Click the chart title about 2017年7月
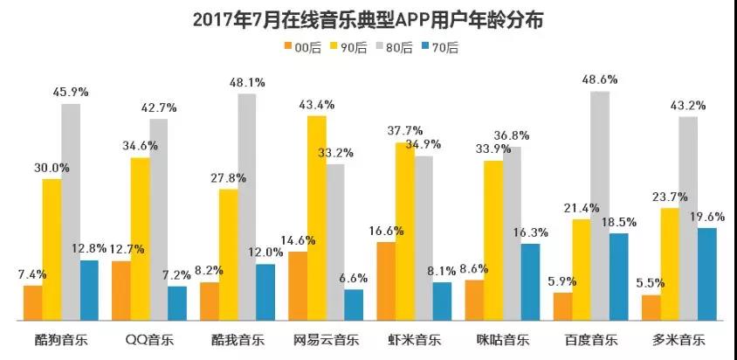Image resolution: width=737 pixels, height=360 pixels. coord(367,19)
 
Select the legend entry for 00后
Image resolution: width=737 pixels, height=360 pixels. coord(299,47)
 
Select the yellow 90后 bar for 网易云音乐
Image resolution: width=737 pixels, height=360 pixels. coord(317,218)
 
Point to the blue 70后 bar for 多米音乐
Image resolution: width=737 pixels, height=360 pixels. coord(707,273)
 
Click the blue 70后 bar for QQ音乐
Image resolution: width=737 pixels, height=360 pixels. coord(177,302)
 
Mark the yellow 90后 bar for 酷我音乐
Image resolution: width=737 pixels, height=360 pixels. coord(229,253)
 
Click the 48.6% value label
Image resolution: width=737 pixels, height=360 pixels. coord(600,80)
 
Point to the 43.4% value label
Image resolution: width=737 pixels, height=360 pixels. coord(318,105)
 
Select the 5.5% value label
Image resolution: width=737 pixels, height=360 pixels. coord(651,284)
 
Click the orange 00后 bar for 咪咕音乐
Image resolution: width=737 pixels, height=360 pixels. coord(475,300)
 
